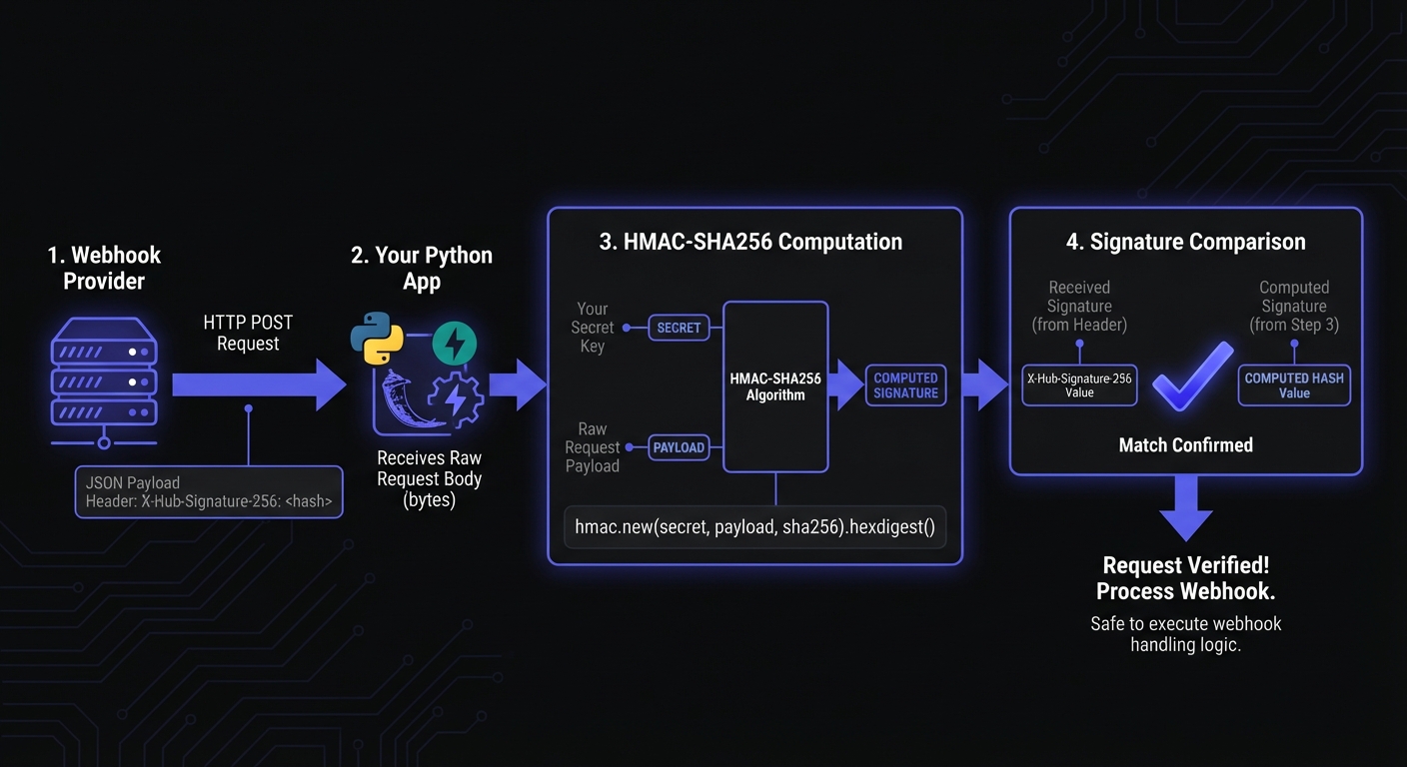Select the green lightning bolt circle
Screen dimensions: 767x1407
(454, 345)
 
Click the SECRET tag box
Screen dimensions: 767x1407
(679, 328)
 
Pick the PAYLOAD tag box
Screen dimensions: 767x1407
(679, 447)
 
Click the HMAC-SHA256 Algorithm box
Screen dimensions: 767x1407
(775, 386)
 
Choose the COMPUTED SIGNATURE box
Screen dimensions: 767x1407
(905, 385)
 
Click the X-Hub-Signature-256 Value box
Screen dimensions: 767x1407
(1079, 385)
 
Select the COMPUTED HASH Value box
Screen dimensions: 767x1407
(1294, 385)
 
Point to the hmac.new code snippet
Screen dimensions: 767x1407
(754, 527)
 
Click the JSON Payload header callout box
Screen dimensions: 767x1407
(209, 491)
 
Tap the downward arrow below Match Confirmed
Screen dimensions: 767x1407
(1186, 508)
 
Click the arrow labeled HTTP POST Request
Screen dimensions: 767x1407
(259, 384)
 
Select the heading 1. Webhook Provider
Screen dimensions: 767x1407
(104, 268)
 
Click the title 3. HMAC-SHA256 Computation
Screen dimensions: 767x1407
(750, 242)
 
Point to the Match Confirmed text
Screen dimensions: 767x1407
(1185, 444)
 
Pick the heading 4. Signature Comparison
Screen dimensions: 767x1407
(1185, 242)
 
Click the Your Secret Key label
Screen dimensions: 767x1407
(592, 328)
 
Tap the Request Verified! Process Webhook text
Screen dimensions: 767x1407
(1185, 578)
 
